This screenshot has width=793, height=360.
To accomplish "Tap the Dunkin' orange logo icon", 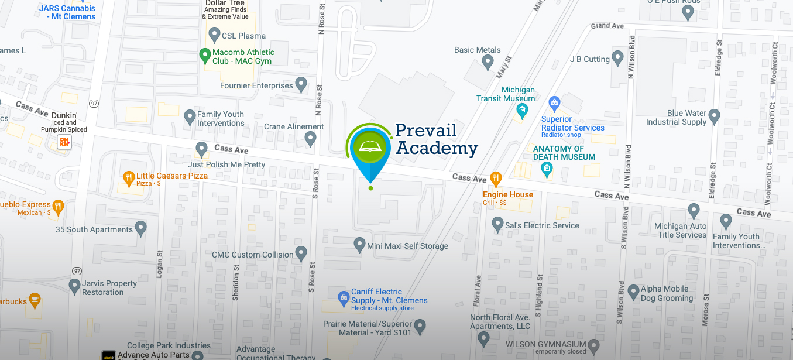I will pos(64,142).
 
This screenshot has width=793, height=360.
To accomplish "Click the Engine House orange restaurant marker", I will pos(496,177).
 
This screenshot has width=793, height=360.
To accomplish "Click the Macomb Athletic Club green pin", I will pos(205,56).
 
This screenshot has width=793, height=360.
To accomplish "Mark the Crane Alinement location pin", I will pos(310,138).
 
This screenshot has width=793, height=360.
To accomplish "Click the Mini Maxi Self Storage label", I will pos(407,246).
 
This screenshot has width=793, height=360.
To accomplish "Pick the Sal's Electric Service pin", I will pos(497,223).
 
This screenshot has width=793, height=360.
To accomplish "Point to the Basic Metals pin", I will pos(488,62).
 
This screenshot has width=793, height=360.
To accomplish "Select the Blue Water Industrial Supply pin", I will pos(714,116).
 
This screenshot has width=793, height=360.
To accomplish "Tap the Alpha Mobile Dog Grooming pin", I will pos(633,291).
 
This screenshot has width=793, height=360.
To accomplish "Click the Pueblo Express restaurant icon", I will pos(57,205).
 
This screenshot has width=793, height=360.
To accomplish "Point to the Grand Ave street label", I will pos(607,26).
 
